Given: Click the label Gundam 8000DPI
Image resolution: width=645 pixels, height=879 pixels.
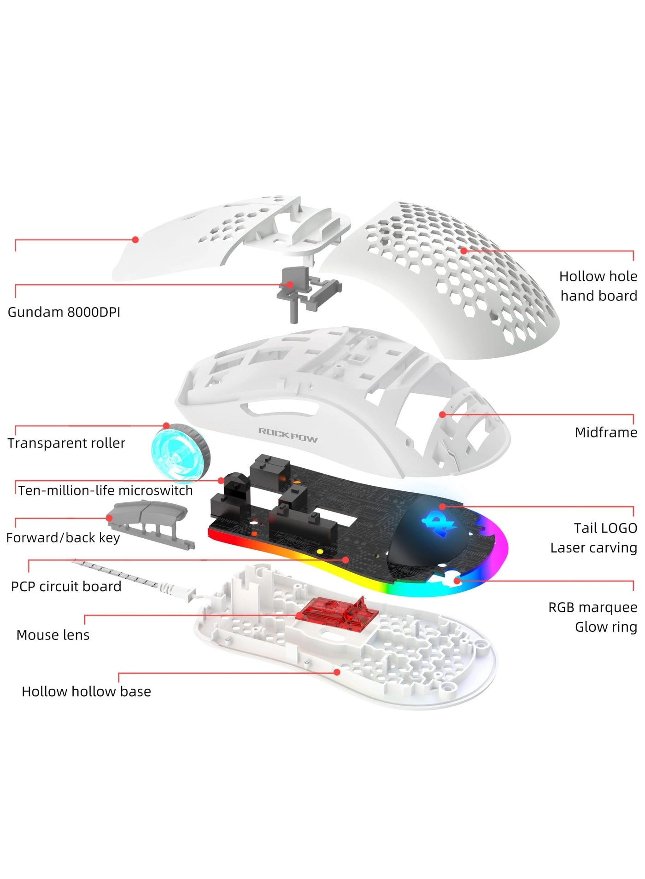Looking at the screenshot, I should pos(64,312).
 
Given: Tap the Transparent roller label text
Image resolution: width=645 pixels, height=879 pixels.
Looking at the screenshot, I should pos(66,443).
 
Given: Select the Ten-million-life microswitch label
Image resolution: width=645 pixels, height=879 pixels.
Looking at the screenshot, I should pos(106,490).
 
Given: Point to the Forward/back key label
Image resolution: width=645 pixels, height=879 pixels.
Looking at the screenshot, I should pos(63,538).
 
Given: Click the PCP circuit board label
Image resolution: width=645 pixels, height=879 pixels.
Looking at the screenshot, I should pos(66,586).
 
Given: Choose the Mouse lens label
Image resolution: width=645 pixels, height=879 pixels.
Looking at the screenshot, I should pos(53,635).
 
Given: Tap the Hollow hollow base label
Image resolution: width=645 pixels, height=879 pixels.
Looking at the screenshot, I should pos(87,691).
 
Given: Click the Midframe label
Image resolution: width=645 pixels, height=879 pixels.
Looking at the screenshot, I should pos(606,432).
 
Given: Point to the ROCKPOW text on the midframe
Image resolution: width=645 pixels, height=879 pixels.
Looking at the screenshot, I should pos(288,434).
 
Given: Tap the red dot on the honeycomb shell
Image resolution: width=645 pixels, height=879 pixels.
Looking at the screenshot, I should pos(463,250).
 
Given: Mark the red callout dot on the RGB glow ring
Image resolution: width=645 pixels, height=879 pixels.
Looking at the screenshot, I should pos(457,581).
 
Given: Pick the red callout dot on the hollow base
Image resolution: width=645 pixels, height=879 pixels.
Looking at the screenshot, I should pos(337,672).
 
